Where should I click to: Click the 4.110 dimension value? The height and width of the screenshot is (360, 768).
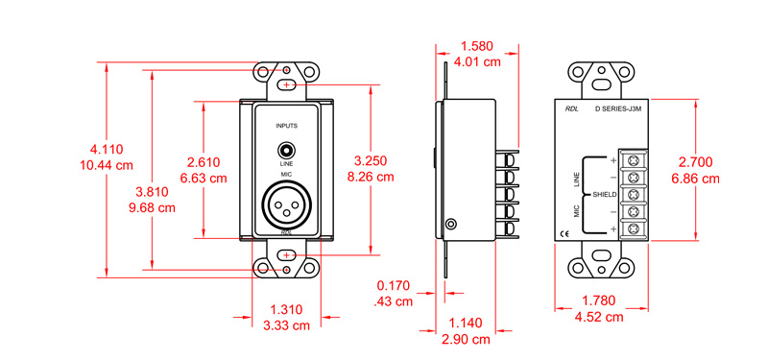pyautogui.click(x=107, y=149)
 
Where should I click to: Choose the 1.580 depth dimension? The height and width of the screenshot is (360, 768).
pyautogui.click(x=478, y=46)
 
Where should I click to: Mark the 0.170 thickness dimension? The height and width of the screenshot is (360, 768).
pyautogui.click(x=393, y=285)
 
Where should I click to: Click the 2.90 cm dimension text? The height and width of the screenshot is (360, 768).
pyautogui.click(x=467, y=339)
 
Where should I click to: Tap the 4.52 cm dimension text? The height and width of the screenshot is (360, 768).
pyautogui.click(x=598, y=317)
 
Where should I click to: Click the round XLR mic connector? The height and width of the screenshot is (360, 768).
pyautogui.click(x=285, y=204)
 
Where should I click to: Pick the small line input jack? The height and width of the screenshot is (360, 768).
pyautogui.click(x=285, y=150)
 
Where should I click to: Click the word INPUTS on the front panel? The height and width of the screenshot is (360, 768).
pyautogui.click(x=286, y=127)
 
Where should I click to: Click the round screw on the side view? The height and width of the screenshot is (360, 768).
pyautogui.click(x=449, y=225)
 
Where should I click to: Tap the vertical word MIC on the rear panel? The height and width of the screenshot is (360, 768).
pyautogui.click(x=577, y=210)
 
